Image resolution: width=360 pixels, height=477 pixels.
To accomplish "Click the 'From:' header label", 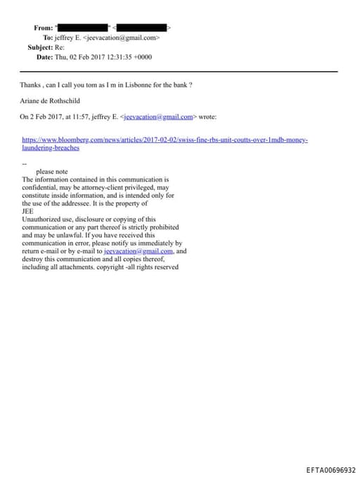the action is coord(44,27).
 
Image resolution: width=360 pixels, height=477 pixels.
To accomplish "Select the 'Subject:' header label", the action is coord(40,47).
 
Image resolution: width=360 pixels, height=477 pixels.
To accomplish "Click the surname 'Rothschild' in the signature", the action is coord(63,101).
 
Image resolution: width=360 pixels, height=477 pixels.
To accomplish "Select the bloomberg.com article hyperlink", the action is coord(165,141).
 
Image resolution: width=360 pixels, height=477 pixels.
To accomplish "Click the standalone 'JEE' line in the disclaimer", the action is coord(28,211).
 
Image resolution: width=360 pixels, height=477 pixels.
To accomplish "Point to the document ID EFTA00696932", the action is coord(330,470).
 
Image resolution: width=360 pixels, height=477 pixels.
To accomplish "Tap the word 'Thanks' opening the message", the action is coord(30,85).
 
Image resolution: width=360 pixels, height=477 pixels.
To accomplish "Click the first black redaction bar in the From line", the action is coord(83,27).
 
